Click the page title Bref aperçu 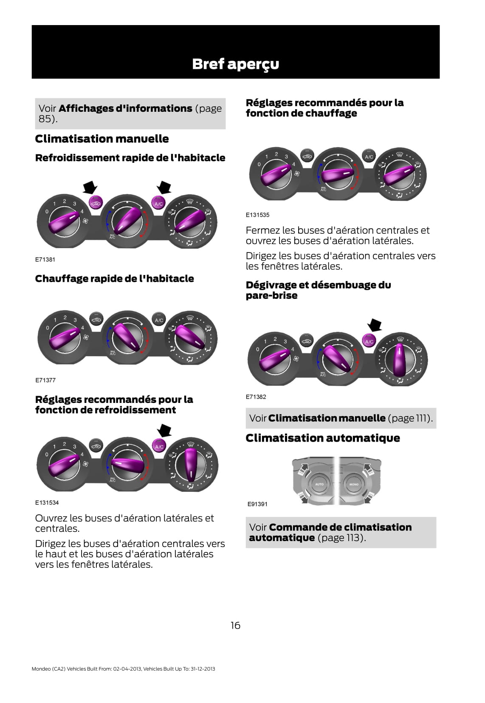[x=235, y=64]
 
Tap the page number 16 [x=235, y=625]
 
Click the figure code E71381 [x=45, y=259]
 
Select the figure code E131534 [x=47, y=502]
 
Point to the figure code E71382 [x=256, y=397]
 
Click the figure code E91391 [x=257, y=504]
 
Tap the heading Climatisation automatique [x=322, y=438]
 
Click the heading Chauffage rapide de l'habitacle [x=114, y=278]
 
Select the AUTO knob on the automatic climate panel [x=319, y=484]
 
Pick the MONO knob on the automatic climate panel [x=354, y=484]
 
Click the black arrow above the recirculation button [x=90, y=186]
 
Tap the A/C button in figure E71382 [x=369, y=341]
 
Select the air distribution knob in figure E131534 [x=190, y=465]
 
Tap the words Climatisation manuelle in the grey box [x=327, y=418]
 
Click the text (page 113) [x=341, y=538]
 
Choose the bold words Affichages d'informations [x=125, y=108]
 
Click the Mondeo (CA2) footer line [x=123, y=669]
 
